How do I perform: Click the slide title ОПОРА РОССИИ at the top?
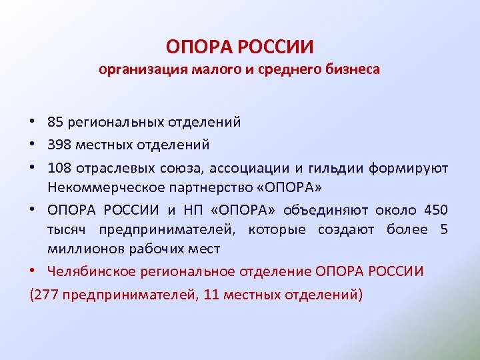[x=240, y=48]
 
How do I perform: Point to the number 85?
[x=55, y=122]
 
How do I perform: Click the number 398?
[x=58, y=144]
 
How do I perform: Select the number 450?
[x=436, y=211]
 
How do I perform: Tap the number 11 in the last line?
[x=213, y=294]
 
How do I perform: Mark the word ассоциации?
[x=251, y=167]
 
